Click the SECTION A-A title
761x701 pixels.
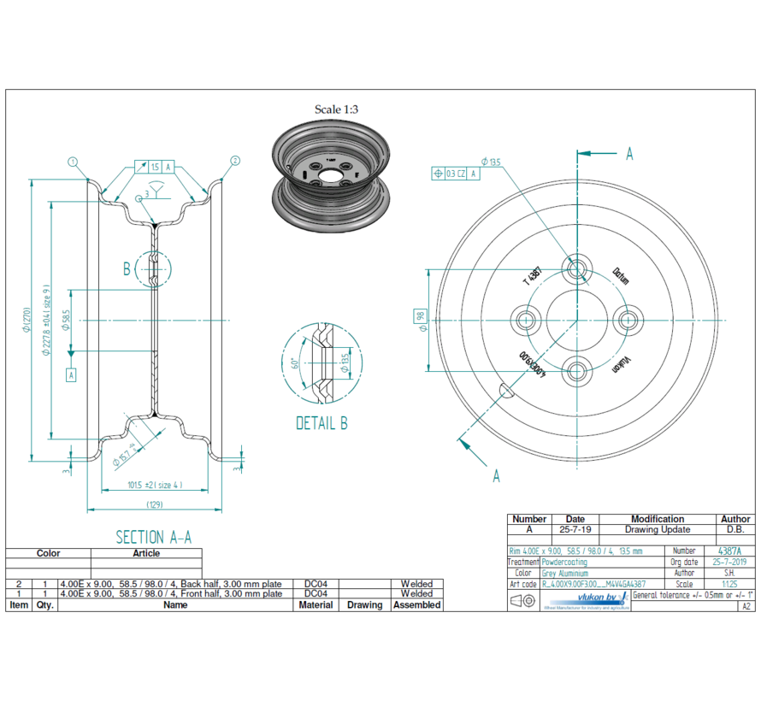coord(154,537)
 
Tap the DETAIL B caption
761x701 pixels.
coord(322,423)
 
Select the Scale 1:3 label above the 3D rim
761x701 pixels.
coord(336,109)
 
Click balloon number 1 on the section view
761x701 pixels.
coord(74,161)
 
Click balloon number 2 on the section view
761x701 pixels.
coord(235,161)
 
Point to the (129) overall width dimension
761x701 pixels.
coord(155,504)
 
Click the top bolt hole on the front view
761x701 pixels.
coord(578,268)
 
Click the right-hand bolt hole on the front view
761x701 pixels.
coord(629,320)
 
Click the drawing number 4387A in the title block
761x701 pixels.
coord(730,551)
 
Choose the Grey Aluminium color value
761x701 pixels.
coord(565,574)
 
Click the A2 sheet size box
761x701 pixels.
coord(746,606)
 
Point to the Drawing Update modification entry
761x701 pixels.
coord(657,530)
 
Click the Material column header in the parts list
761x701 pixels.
coord(316,604)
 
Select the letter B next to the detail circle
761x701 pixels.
coord(127,269)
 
